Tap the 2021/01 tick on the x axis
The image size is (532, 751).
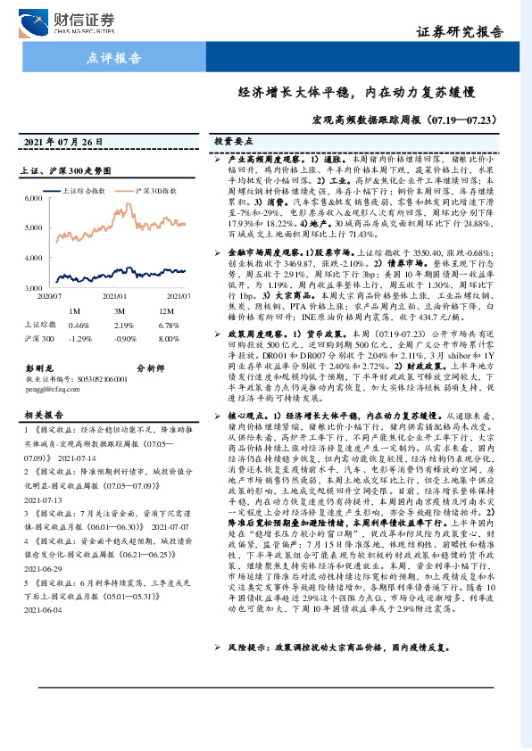pos(116,293)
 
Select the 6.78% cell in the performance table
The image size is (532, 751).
pos(165,325)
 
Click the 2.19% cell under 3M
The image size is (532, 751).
pos(122,325)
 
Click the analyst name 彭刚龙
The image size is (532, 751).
pos(39,367)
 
